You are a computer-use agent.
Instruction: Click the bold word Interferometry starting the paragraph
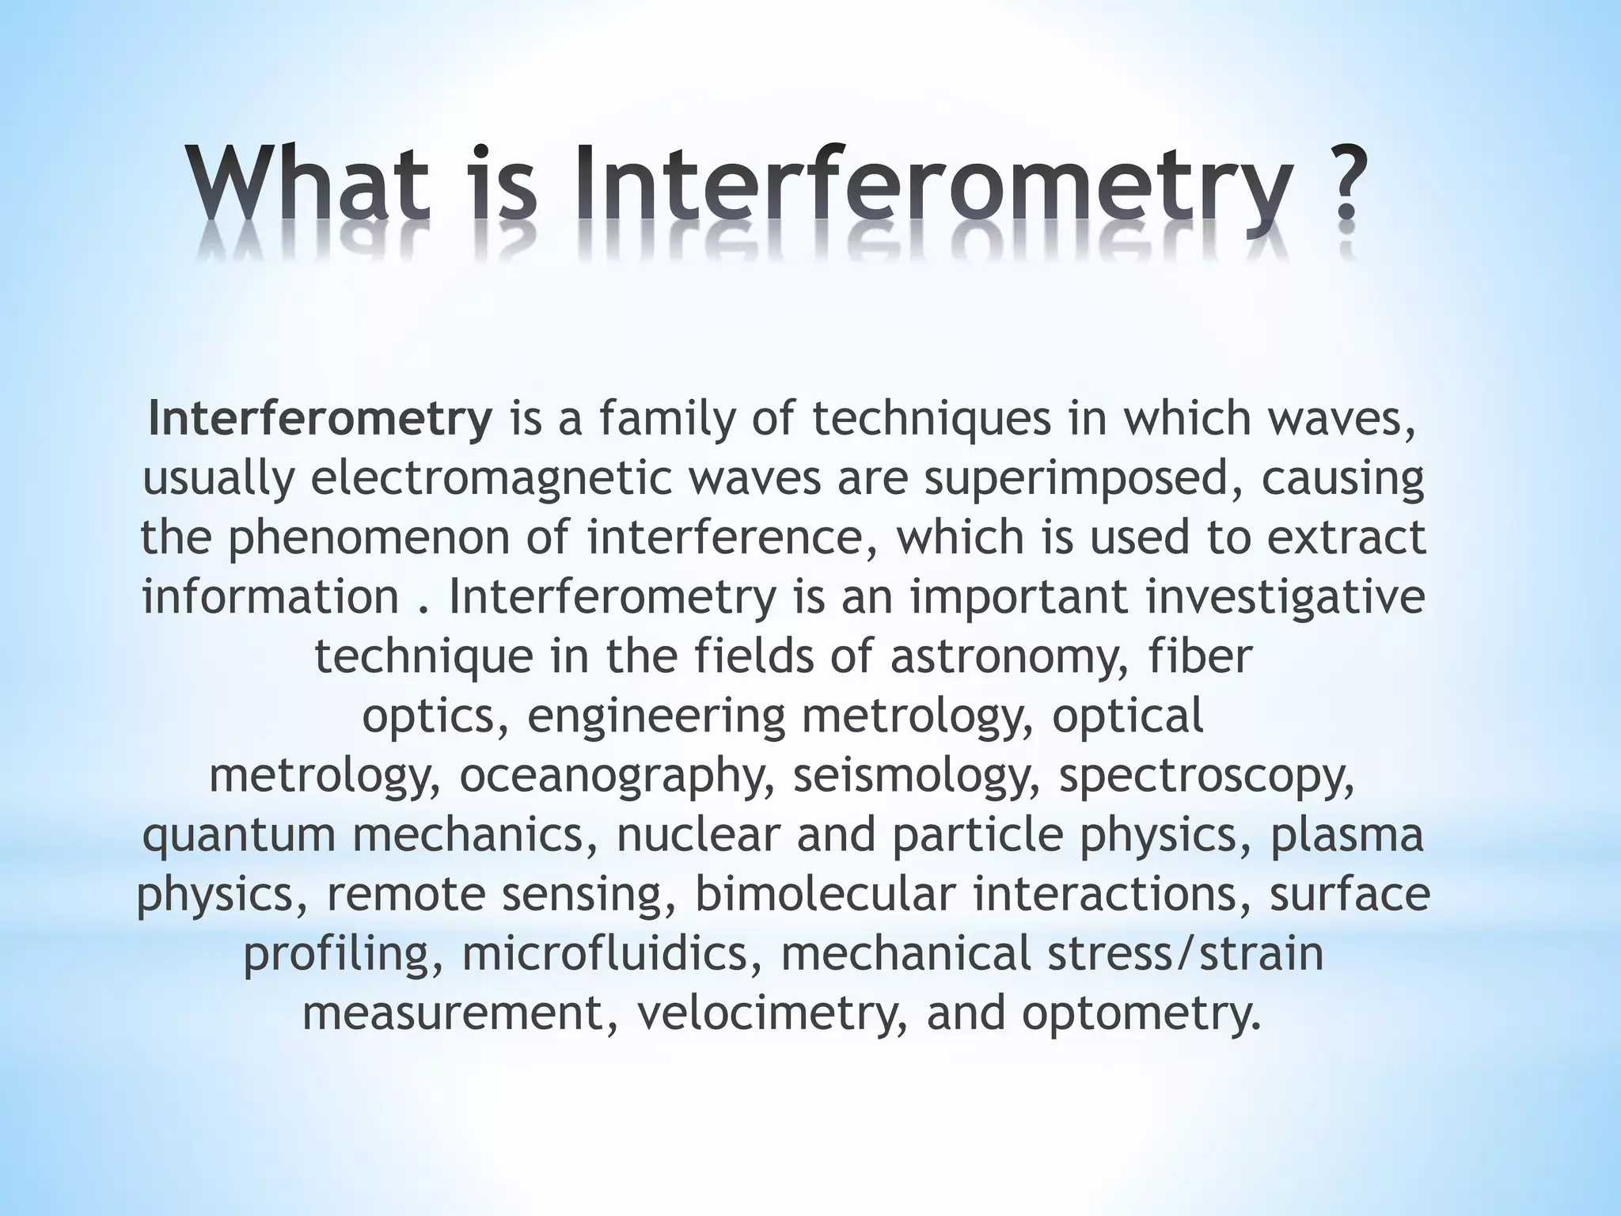coord(320,418)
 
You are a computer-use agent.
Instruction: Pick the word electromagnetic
coord(491,477)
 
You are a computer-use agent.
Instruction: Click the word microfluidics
coord(606,953)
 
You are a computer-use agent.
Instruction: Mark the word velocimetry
coord(773,1013)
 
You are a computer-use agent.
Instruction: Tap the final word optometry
coord(1141,1013)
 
